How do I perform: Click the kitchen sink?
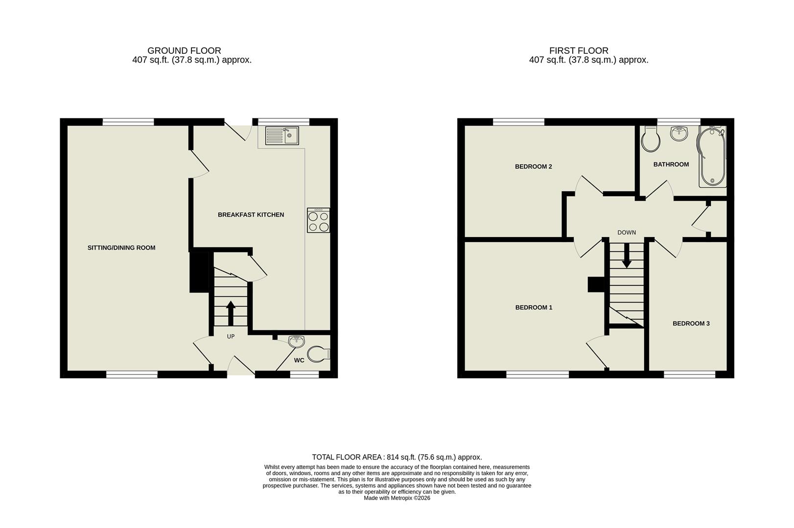(282, 135)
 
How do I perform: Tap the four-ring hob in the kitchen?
(318, 220)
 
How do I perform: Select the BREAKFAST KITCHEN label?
(251, 215)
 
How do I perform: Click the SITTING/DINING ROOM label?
(121, 248)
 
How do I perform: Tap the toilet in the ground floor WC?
(319, 353)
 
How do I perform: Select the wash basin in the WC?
(297, 342)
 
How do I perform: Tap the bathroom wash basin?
(678, 133)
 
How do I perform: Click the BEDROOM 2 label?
(533, 167)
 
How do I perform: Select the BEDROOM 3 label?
(691, 324)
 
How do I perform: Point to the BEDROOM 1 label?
(534, 308)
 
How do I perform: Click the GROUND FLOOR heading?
(184, 50)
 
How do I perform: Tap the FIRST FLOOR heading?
(579, 50)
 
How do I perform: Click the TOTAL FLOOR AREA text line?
(397, 458)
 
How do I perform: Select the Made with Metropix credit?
(397, 498)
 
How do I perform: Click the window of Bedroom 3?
(689, 374)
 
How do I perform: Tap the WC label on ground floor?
(299, 360)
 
